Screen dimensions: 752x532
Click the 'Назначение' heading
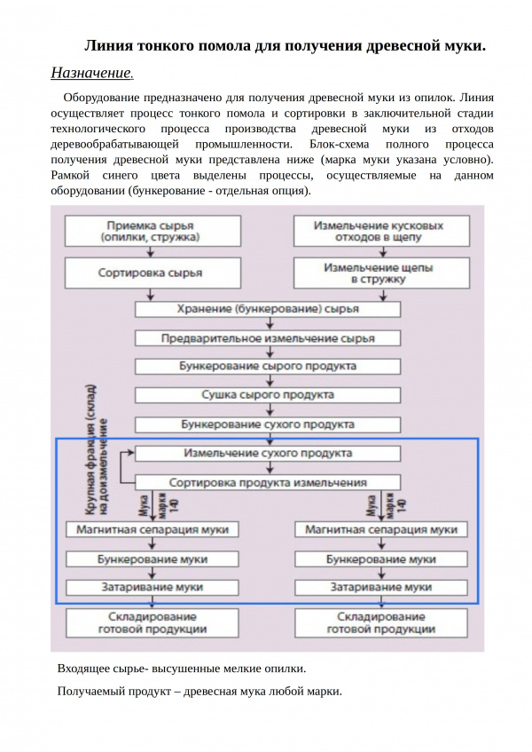[92, 72]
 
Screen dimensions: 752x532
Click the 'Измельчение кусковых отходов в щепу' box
[379, 232]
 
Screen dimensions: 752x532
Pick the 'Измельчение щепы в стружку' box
[379, 273]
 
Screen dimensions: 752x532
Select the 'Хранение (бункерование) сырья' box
[267, 309]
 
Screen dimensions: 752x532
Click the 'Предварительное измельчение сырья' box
[267, 338]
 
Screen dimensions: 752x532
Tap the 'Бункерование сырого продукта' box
[267, 366]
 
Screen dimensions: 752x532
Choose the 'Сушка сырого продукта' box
[267, 395]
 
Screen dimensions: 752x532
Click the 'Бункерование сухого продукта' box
[267, 424]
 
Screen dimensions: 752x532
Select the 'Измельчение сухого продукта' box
[267, 453]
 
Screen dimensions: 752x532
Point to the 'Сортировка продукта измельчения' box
[267, 482]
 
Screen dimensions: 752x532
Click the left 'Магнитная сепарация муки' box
[153, 529]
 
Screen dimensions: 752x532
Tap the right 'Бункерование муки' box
[380, 559]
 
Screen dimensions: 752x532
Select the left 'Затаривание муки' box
[153, 588]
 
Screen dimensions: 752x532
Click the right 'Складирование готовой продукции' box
[380, 622]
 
